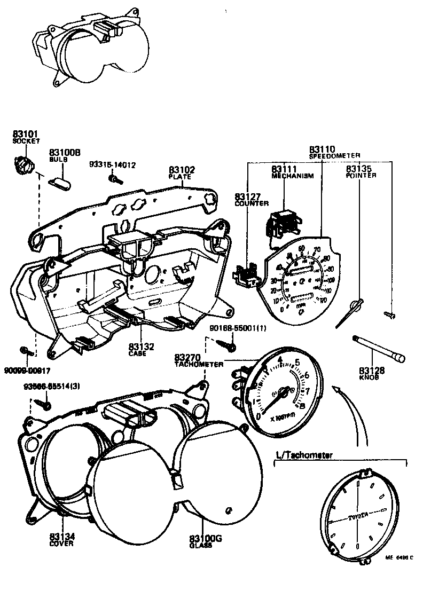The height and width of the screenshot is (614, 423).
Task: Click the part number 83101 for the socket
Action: click(26, 134)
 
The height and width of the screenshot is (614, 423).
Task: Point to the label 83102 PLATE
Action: click(182, 172)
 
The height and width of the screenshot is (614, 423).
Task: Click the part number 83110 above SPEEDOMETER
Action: click(322, 149)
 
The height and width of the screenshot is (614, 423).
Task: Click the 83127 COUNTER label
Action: click(252, 200)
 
